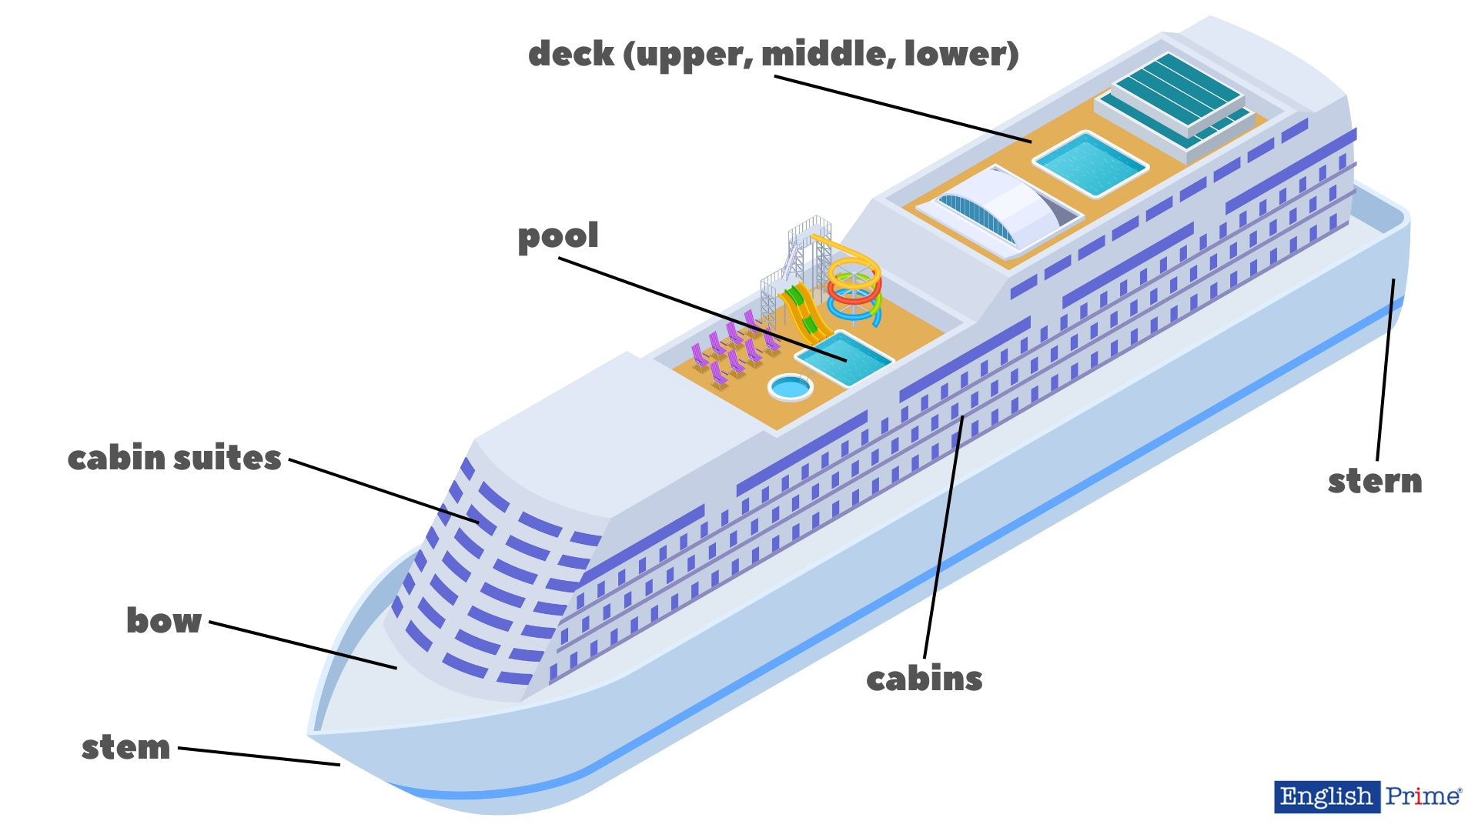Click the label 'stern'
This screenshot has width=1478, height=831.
(1375, 482)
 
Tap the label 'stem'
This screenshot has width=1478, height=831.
(125, 747)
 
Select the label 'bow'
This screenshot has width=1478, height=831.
(164, 621)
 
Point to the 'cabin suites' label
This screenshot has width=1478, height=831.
(174, 459)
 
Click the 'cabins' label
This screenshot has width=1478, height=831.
(924, 679)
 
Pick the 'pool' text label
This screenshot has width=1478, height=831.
(558, 237)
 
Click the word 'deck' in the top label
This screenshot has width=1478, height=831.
(570, 54)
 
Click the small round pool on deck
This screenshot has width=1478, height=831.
(790, 387)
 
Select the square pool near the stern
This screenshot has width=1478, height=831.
(1090, 164)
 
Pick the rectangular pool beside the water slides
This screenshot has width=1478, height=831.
(844, 358)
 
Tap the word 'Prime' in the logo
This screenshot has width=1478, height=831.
(1423, 796)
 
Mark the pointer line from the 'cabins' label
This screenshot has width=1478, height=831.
(943, 539)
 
